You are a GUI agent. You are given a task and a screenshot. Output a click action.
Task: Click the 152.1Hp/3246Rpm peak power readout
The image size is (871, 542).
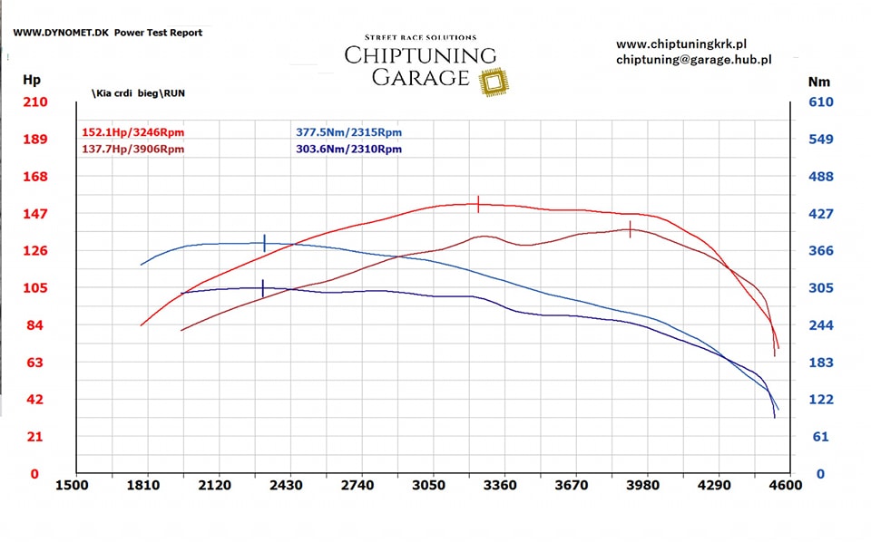132,132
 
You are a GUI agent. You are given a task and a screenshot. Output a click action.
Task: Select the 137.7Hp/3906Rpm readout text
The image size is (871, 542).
132,149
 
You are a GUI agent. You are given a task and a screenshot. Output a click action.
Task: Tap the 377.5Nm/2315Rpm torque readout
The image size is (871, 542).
348,132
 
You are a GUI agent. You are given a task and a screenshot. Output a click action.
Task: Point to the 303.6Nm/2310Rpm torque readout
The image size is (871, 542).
348,149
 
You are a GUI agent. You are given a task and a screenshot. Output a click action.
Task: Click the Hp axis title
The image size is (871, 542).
33,81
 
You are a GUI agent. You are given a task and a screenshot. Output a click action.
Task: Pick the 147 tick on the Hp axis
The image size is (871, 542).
34,214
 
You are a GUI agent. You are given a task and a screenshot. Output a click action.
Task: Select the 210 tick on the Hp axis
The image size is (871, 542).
34,102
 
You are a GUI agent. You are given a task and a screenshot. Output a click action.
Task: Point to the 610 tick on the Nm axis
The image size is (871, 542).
820,102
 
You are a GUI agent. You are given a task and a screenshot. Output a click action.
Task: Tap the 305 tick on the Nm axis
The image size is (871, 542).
820,288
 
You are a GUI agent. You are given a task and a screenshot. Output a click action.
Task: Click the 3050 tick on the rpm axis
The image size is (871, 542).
428,486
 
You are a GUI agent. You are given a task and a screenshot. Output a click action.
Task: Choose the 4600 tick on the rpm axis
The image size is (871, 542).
785,486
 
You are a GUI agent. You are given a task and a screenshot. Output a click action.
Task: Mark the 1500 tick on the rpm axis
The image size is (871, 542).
72,486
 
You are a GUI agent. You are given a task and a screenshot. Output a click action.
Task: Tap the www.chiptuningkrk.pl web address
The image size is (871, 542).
680,44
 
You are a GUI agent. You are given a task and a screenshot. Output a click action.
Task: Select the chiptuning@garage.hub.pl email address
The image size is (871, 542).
693,60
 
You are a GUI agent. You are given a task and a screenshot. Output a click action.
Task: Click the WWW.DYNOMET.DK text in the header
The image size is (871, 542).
61,33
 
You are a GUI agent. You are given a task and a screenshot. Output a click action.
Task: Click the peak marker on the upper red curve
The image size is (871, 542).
478,205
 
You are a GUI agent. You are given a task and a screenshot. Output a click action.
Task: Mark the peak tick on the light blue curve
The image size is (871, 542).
264,243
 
